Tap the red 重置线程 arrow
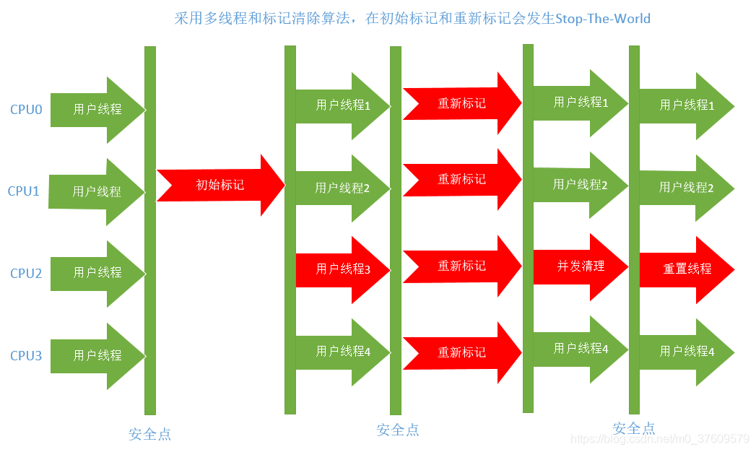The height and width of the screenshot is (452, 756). point(687,269)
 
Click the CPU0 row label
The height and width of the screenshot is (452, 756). point(26,110)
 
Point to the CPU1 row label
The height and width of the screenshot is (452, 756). point(24,191)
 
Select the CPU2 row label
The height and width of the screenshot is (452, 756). point(26,274)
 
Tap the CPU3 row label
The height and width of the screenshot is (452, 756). point(26,356)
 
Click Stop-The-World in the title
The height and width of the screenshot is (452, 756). point(602,18)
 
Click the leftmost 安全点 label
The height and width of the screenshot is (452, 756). point(150,434)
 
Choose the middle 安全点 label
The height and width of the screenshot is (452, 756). point(398,430)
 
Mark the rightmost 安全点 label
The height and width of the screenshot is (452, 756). point(633,428)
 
